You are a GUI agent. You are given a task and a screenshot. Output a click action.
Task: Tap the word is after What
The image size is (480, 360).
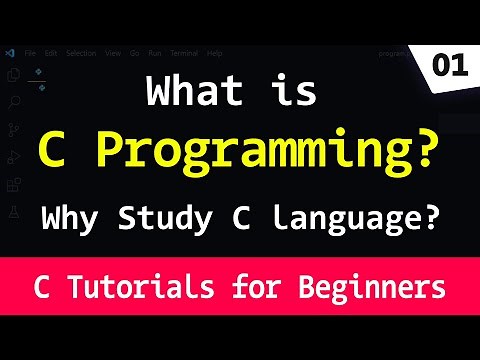coord(291,92)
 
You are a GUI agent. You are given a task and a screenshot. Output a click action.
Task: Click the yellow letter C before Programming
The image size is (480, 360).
coord(52,150)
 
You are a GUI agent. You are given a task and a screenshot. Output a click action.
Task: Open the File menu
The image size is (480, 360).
coord(31,51)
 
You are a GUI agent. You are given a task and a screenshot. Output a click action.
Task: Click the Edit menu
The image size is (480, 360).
coord(50,51)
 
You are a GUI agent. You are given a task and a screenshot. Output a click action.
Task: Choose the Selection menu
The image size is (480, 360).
coord(81,51)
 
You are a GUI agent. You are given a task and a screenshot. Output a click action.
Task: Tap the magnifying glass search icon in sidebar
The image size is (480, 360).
coord(13,101)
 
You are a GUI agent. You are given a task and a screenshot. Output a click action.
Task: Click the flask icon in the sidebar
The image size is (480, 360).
coord(13,212)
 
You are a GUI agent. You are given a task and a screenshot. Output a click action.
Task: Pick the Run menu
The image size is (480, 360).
coord(155,51)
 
